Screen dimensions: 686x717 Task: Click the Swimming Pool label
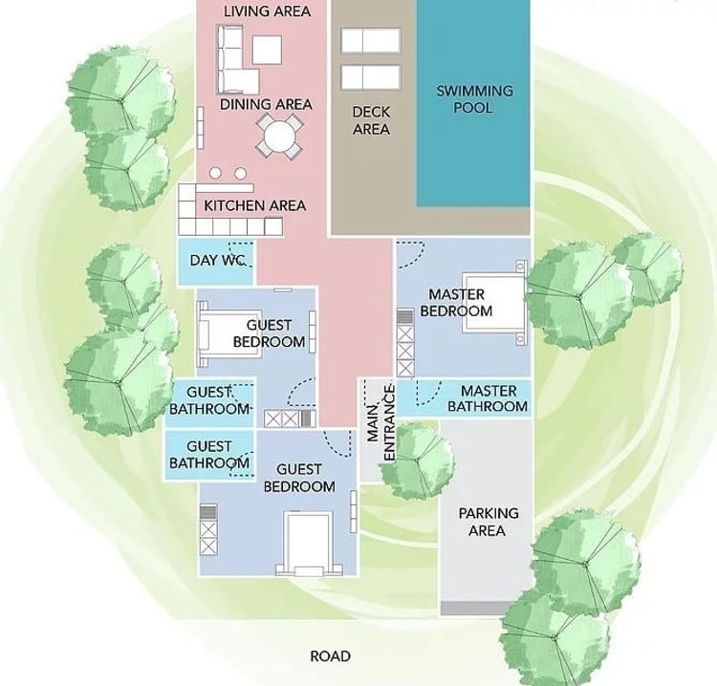[474, 99]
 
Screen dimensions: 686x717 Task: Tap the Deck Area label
[371, 120]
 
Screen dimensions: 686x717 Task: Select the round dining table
[278, 136]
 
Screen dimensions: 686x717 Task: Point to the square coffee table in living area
[267, 49]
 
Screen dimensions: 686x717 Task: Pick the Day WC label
[218, 260]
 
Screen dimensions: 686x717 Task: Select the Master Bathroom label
[488, 398]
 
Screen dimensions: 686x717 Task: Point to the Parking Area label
[488, 522]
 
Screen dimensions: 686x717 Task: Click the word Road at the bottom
[330, 656]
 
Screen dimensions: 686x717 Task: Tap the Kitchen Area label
[254, 205]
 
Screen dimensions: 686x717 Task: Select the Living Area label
[267, 11]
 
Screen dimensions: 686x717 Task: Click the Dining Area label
[266, 104]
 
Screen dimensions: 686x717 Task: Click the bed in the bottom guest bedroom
[308, 542]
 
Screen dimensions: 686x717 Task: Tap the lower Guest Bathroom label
[208, 455]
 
